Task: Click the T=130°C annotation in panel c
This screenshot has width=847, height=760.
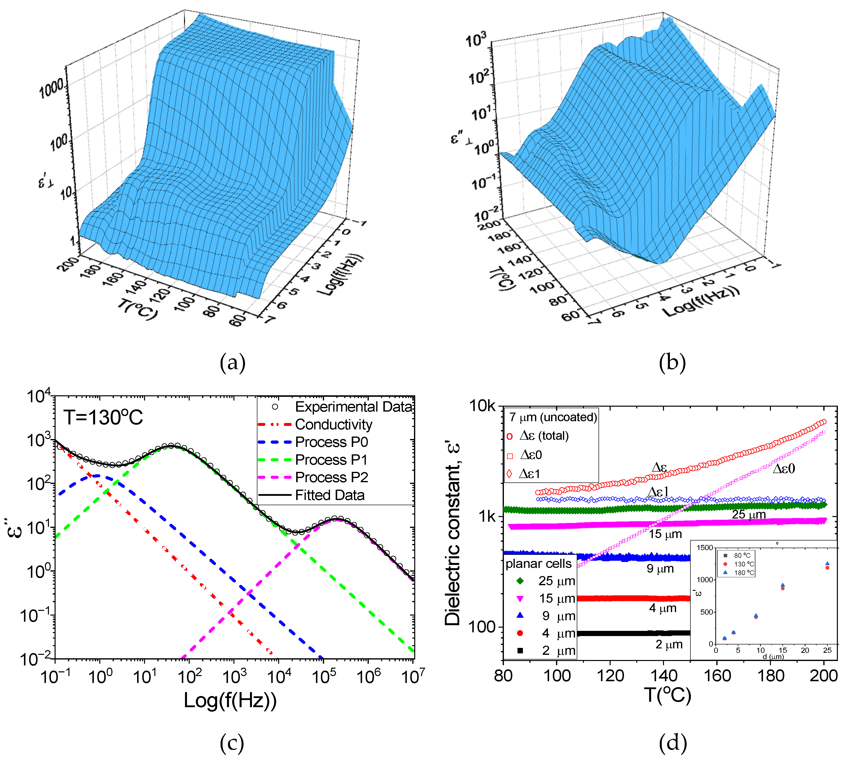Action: coord(103,417)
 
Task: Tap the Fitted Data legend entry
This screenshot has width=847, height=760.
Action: coord(330,495)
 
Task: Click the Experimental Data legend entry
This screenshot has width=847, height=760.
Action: coord(353,407)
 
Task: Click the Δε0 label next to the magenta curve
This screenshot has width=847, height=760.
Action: coord(784,469)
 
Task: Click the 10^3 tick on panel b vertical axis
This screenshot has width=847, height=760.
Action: coord(476,41)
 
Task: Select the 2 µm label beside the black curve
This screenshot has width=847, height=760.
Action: coord(669,644)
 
